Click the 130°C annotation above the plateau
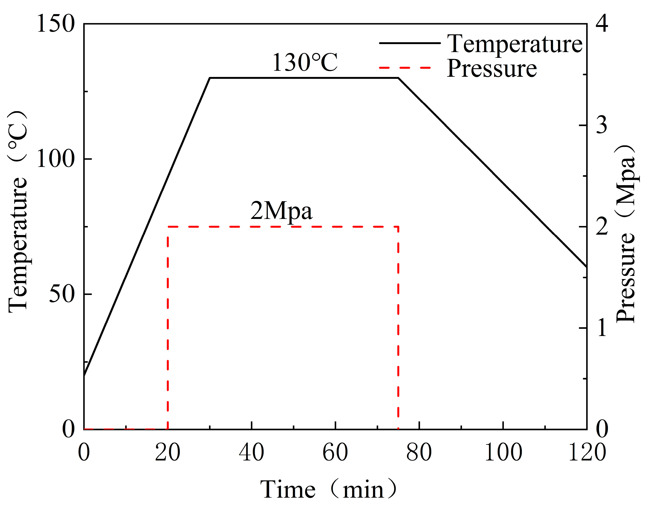point(305,63)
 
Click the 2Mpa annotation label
point(281,211)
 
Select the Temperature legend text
point(515,44)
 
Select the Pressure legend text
point(492,69)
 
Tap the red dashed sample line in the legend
point(405,68)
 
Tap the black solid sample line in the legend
point(410,43)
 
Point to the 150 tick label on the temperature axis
point(56,24)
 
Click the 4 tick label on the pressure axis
point(602,24)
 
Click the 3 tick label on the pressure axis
point(602,125)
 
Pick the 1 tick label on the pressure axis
point(602,328)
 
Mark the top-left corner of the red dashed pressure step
point(168,227)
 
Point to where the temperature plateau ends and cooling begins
point(398,78)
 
